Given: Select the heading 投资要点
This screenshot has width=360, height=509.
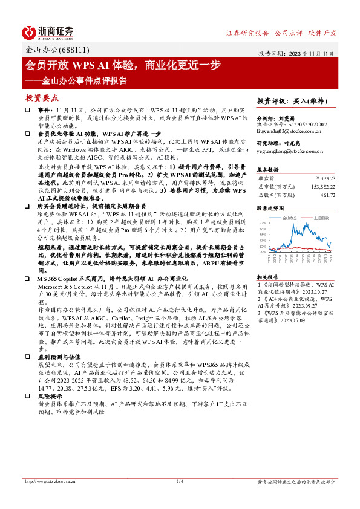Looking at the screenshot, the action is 42,97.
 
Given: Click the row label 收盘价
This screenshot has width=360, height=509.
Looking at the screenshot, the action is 267,178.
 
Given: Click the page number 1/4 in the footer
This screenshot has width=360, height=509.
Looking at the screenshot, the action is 180,481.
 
